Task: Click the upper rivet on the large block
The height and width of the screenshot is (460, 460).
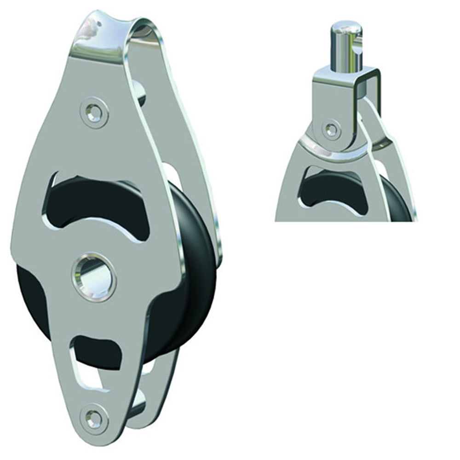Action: pyautogui.click(x=96, y=110)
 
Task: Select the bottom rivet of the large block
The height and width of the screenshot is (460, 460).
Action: pyautogui.click(x=95, y=418)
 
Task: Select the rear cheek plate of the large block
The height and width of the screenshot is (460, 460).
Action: pyautogui.click(x=184, y=138)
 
